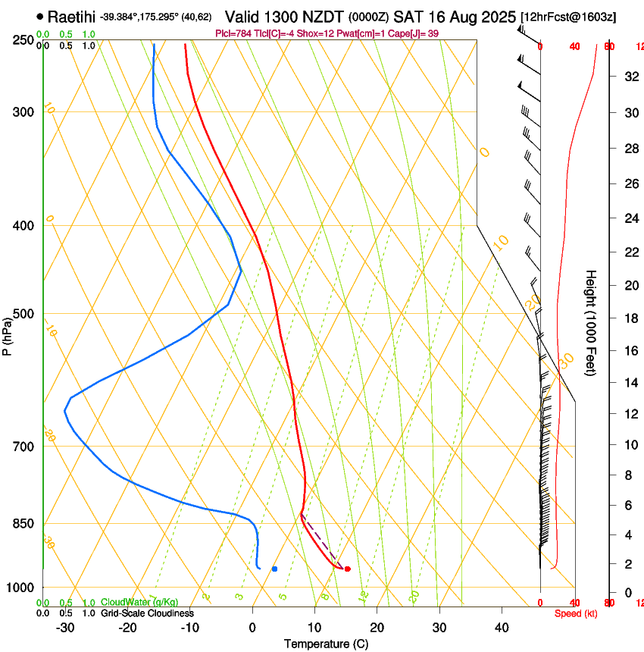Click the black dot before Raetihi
click(x=39, y=16)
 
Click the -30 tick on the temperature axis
click(x=65, y=628)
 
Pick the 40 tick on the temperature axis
click(x=502, y=628)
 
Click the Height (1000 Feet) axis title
click(x=591, y=323)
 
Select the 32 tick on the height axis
click(x=630, y=77)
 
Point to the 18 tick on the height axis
click(x=630, y=318)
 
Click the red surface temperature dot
click(x=347, y=569)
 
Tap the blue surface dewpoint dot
click(x=274, y=569)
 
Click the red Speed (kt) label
click(x=574, y=613)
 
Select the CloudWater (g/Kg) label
click(x=139, y=603)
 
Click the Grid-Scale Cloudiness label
click(x=147, y=613)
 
